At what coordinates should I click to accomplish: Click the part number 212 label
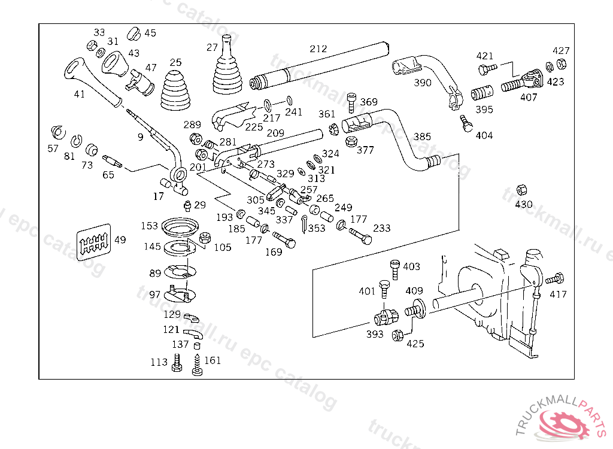[x=318, y=48]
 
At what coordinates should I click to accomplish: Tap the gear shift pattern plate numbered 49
[x=95, y=241]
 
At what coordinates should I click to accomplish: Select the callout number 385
[x=422, y=136]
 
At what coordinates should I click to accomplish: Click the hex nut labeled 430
[x=522, y=190]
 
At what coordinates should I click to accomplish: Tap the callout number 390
[x=423, y=83]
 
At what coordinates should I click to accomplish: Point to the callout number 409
[x=414, y=292]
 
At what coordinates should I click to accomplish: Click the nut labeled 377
[x=352, y=142]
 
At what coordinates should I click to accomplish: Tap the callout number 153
[x=150, y=226]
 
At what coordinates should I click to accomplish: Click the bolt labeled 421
[x=485, y=69]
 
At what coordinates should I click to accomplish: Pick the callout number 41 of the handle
[x=79, y=94]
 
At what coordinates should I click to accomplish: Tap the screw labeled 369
[x=352, y=102]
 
